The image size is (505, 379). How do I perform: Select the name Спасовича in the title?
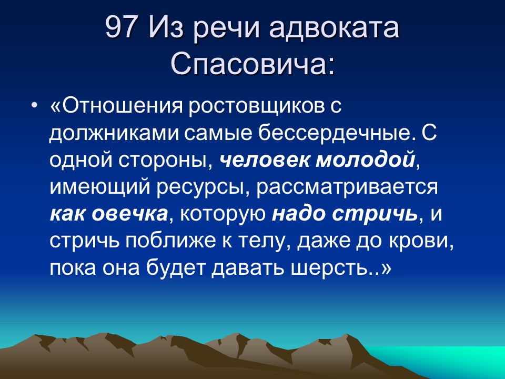[x=252, y=65]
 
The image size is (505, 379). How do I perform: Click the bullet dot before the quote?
[x=34, y=105]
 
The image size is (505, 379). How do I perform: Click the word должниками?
[x=114, y=132]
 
